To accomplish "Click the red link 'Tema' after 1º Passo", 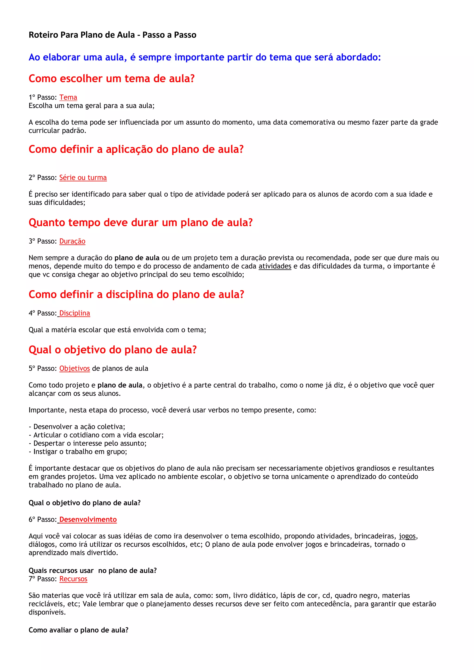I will (68, 97).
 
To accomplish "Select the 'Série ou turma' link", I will (83, 177).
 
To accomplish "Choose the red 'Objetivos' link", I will (75, 368).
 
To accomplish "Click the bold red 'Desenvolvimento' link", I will (88, 519).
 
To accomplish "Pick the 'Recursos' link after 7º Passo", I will (73, 579).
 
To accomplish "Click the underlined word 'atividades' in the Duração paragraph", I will (275, 266).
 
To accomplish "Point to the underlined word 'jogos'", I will (407, 536).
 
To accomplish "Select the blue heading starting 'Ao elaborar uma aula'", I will (205, 57).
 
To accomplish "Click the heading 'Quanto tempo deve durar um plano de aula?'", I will (140, 222).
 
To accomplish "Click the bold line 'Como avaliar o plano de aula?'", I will (78, 630).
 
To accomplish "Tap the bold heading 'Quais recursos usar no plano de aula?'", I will (93, 571).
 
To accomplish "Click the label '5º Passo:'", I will (43, 368).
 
